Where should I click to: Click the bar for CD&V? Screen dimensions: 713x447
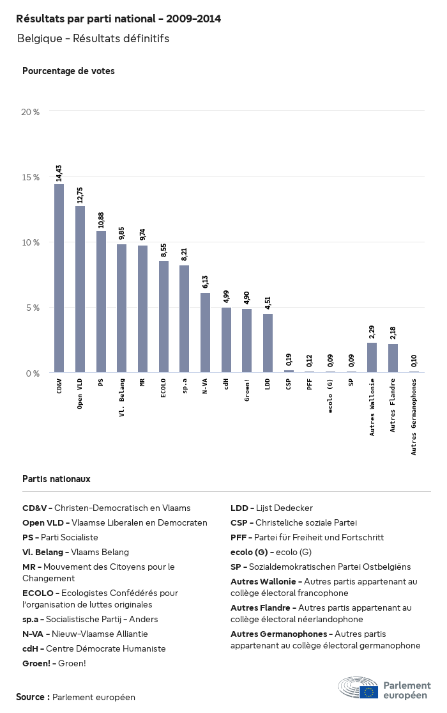tap(59, 278)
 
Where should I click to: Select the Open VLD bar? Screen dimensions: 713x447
tap(80, 289)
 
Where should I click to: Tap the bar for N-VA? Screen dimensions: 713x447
tap(205, 333)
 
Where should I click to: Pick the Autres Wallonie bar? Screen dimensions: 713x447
tap(372, 357)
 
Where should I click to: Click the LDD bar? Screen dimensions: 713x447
tap(268, 343)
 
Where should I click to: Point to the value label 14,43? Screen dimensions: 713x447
tap(59, 173)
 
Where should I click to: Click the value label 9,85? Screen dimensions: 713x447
tap(121, 233)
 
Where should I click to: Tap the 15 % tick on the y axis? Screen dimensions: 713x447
tap(31, 176)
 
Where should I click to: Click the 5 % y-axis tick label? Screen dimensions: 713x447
tap(33, 308)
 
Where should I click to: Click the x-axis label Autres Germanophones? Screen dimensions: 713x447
tap(414, 416)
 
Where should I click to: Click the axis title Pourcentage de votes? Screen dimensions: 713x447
tap(68, 71)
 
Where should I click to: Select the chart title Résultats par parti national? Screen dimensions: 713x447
tap(118, 19)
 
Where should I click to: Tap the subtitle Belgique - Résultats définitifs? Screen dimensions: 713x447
tap(93, 38)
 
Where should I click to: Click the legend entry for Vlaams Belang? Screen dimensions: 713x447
tap(75, 552)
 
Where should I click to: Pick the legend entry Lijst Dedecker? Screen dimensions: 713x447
tap(271, 508)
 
